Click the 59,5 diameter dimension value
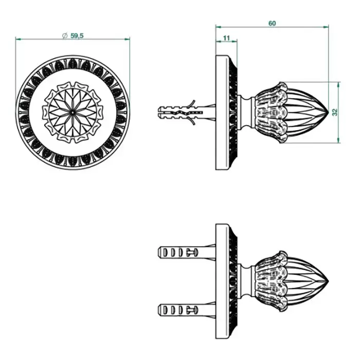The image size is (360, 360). coord(77,35)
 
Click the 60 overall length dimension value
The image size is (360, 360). coord(272,24)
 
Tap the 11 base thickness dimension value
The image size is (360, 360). coord(226,38)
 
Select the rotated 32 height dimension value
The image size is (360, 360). coord(335,112)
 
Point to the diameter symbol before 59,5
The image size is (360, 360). coord(65,35)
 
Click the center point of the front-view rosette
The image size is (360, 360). coord(73,113)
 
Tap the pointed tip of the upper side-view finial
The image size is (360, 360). coord(328,112)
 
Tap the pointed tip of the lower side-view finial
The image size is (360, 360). coord(328,281)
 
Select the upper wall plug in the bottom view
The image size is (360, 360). coord(187,253)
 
